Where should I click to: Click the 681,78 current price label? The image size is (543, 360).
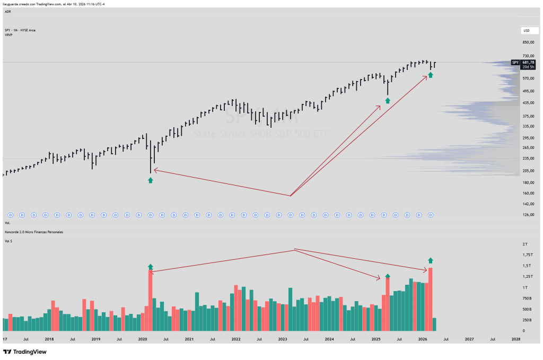[528, 62]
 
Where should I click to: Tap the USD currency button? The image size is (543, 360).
[527, 30]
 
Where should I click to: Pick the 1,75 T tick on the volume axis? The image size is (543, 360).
[527, 254]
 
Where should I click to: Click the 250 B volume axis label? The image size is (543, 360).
[527, 320]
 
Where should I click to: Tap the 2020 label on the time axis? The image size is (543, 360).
[143, 339]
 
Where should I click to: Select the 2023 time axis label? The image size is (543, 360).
[283, 339]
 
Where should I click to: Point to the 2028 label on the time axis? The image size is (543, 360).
[516, 339]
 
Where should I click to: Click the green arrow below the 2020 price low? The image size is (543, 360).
[150, 180]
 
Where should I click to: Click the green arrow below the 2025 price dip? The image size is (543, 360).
[388, 100]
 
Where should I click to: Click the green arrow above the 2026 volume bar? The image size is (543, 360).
[430, 260]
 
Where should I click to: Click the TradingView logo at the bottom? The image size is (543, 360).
[25, 352]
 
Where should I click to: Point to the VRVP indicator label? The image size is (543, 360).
[8, 34]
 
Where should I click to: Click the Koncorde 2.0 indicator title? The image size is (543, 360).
[34, 232]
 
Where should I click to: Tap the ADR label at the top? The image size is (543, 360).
[8, 11]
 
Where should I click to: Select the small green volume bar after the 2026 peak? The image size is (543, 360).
[435, 324]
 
